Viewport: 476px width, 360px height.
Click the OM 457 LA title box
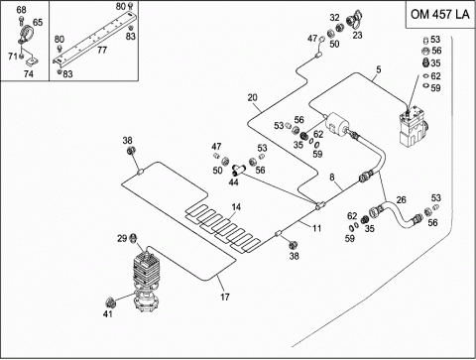(x=440, y=15)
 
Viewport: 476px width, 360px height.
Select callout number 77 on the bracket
(x=102, y=50)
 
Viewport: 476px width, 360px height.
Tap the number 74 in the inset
(x=29, y=73)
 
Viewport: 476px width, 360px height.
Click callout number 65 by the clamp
(x=38, y=22)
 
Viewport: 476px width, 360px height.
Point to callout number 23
(x=357, y=35)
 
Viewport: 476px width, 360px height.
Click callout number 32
(x=334, y=18)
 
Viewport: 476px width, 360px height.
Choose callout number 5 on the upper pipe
(x=379, y=69)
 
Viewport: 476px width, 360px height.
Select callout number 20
(x=252, y=97)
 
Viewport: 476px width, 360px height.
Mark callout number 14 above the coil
(x=236, y=207)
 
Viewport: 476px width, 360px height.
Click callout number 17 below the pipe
(x=225, y=298)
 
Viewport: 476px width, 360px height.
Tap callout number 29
(x=122, y=238)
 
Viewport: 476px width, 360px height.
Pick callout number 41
(x=108, y=313)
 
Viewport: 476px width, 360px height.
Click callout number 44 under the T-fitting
(x=233, y=182)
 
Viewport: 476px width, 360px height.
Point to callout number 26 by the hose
(x=401, y=200)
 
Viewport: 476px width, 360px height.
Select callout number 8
(x=332, y=178)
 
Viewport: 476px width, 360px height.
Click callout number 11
(x=316, y=228)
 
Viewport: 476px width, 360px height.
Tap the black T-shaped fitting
(x=238, y=170)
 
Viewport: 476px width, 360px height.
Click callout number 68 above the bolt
(x=22, y=10)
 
